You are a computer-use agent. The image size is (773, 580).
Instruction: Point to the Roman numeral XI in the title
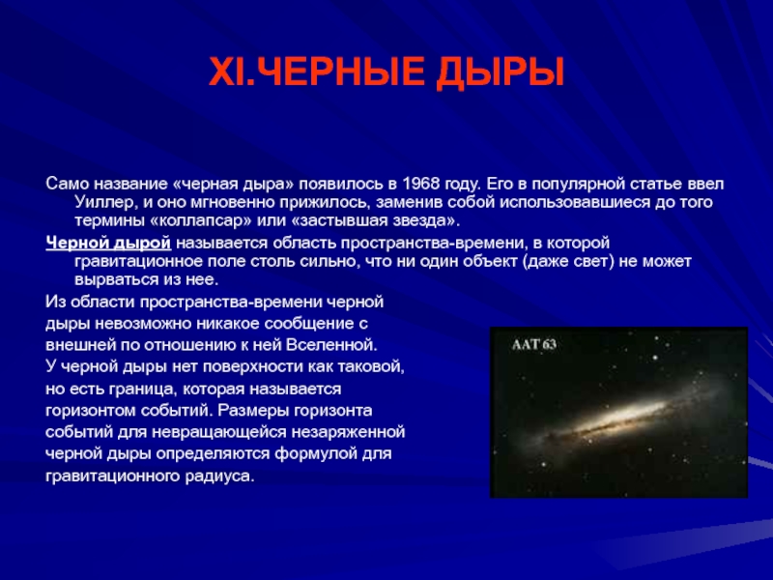[x=227, y=72]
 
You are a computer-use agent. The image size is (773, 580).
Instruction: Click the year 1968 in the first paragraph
[x=420, y=184]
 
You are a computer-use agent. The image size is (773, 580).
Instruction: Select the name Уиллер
[x=104, y=202]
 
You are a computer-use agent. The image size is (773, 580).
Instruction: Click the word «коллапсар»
[x=199, y=220]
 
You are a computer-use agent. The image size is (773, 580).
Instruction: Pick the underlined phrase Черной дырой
[x=108, y=243]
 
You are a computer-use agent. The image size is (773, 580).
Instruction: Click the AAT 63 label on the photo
[x=534, y=344]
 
